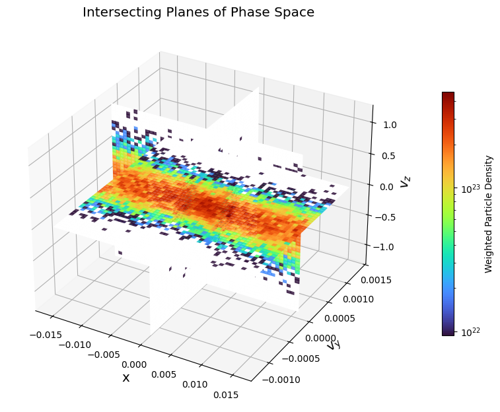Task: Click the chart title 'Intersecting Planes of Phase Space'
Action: (198, 13)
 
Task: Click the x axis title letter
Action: (125, 378)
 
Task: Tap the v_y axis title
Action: (334, 344)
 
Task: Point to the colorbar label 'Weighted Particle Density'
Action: (489, 214)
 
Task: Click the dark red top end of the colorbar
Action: (448, 95)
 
